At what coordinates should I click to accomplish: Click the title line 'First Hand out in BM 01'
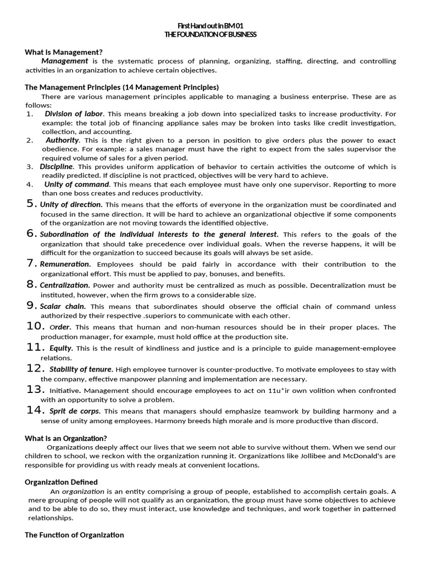[x=210, y=26]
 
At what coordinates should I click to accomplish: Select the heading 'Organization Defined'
[x=61, y=482]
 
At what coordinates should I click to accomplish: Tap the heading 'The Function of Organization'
[x=74, y=535]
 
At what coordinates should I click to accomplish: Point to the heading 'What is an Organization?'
[x=65, y=438]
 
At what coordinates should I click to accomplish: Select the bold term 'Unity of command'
[x=77, y=184]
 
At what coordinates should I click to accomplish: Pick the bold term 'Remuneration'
[x=65, y=264]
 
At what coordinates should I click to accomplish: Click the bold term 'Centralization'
[x=64, y=285]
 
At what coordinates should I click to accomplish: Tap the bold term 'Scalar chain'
[x=63, y=306]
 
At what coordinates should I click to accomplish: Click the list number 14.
[x=35, y=410]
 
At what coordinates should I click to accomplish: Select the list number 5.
[x=31, y=204]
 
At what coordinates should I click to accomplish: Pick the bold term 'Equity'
[x=61, y=348]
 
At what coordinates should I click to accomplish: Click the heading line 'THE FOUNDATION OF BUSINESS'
[x=210, y=34]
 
